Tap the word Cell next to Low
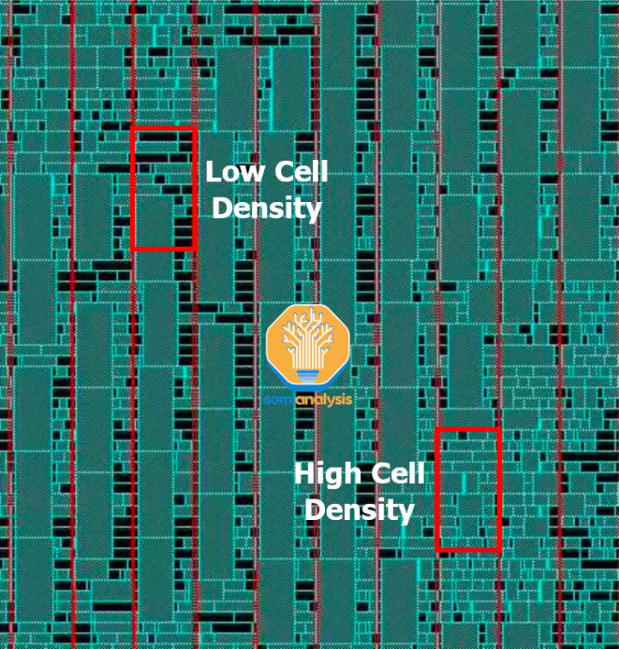point(301,171)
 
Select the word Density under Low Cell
point(267,208)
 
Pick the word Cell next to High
point(398,474)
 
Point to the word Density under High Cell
point(359,511)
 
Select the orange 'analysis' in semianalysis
point(323,400)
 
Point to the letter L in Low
point(213,171)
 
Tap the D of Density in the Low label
point(222,207)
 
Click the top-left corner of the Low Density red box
point(133,129)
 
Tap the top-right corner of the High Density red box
point(499,430)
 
